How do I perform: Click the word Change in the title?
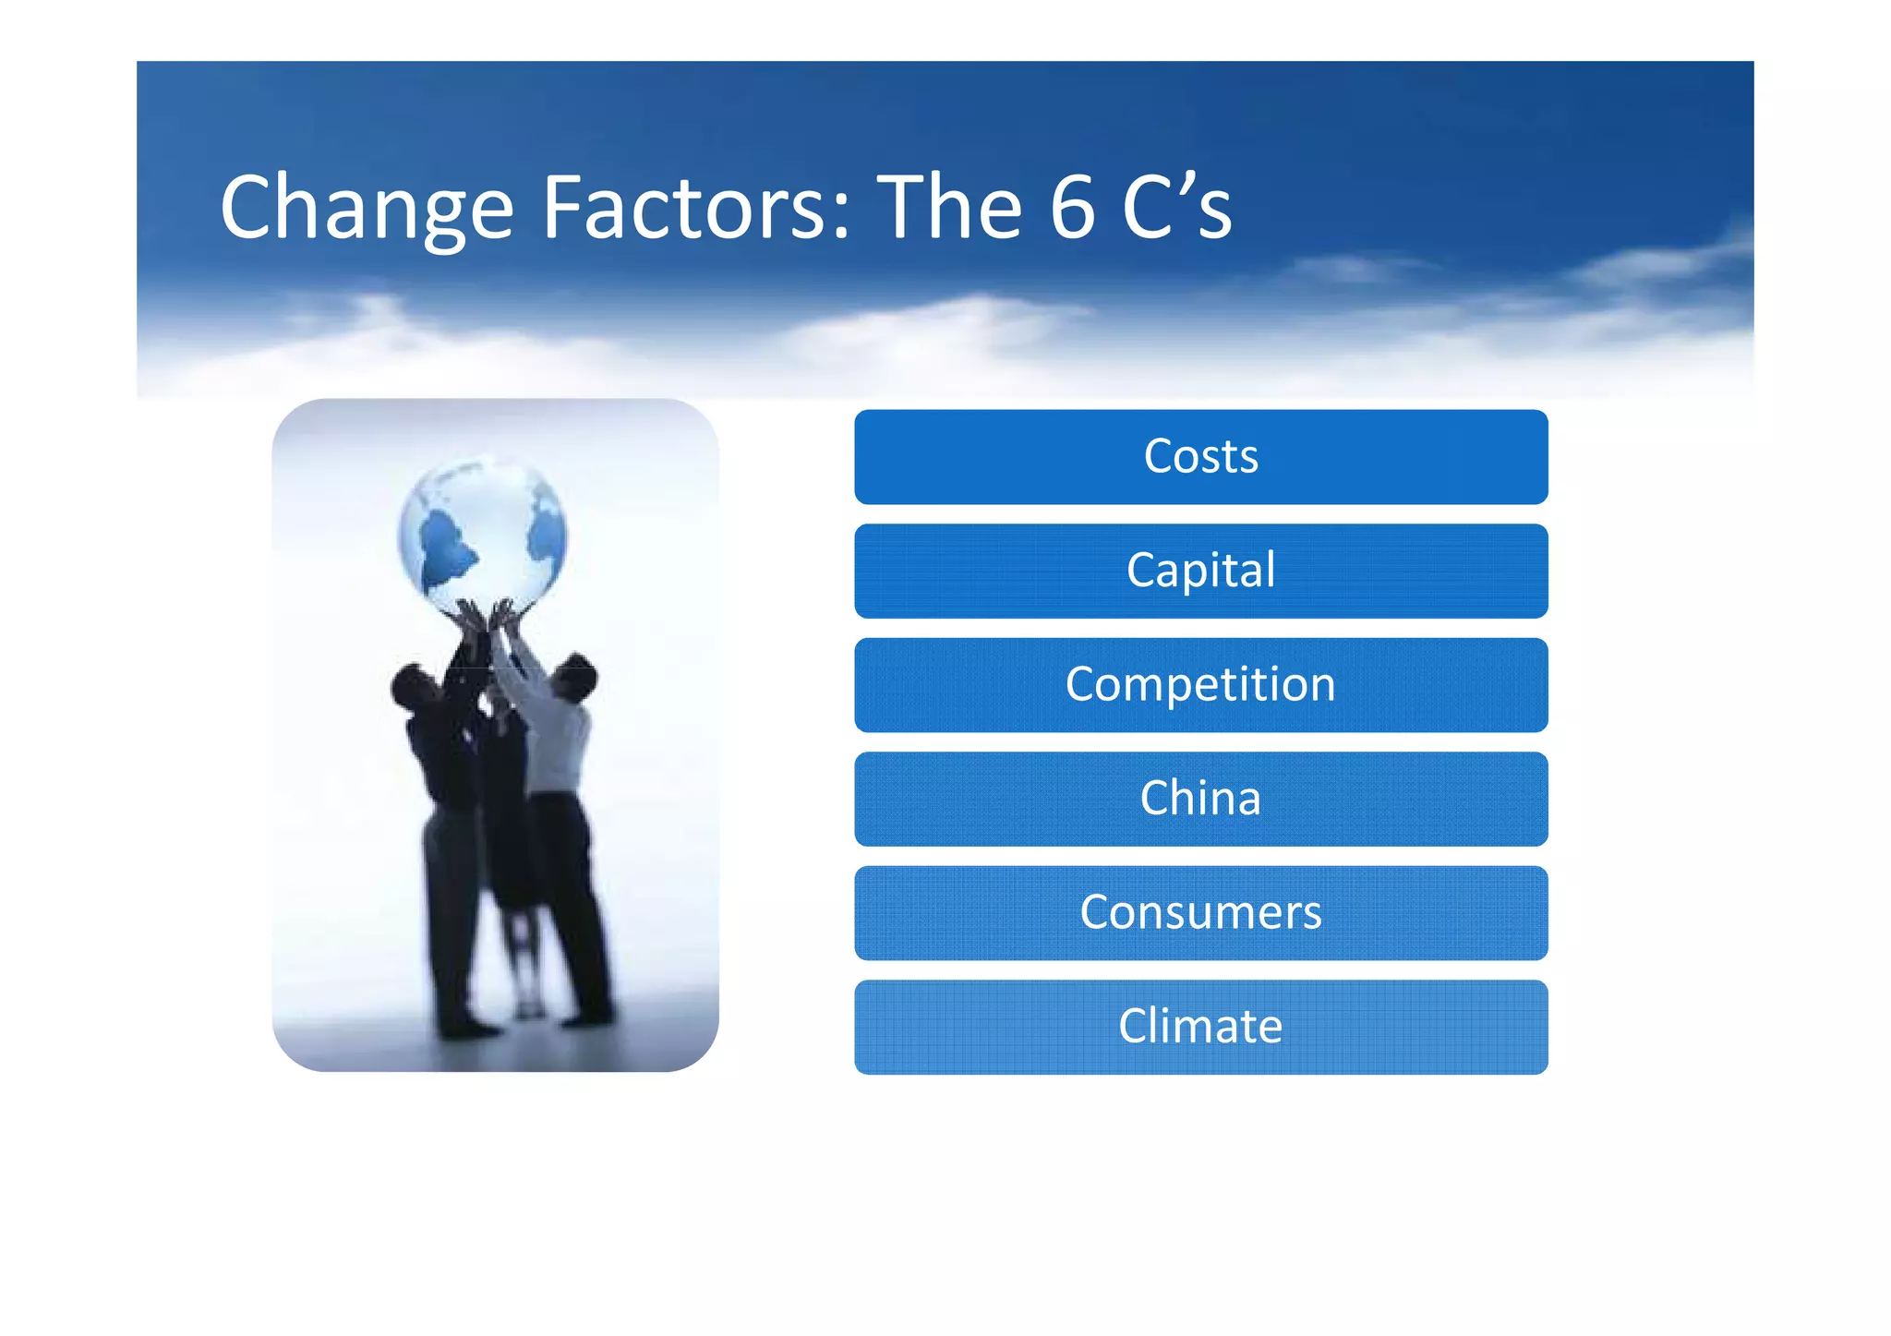coord(366,209)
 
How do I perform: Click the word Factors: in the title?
coord(694,209)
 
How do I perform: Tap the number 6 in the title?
coord(1071,209)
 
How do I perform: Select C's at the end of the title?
coord(1176,209)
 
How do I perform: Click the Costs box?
coord(1200,457)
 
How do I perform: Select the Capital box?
coord(1200,571)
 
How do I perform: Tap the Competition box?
coord(1200,685)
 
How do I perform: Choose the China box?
coord(1200,799)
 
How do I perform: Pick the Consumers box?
coord(1200,912)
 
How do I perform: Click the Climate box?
coord(1200,1027)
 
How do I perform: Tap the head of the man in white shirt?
coord(576,677)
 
